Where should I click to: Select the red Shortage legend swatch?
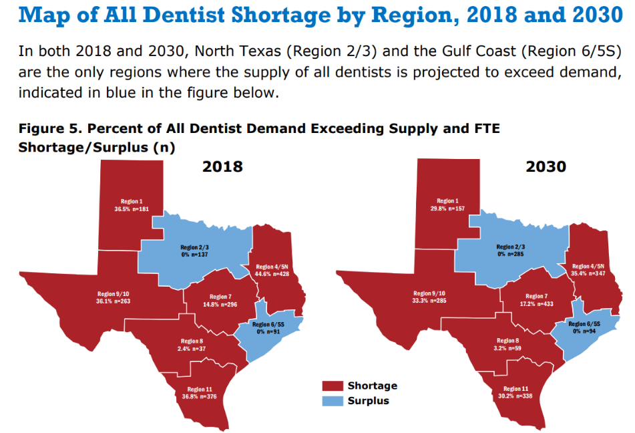coord(332,386)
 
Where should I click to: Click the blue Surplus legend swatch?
coord(332,401)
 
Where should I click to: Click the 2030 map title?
coord(546,166)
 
